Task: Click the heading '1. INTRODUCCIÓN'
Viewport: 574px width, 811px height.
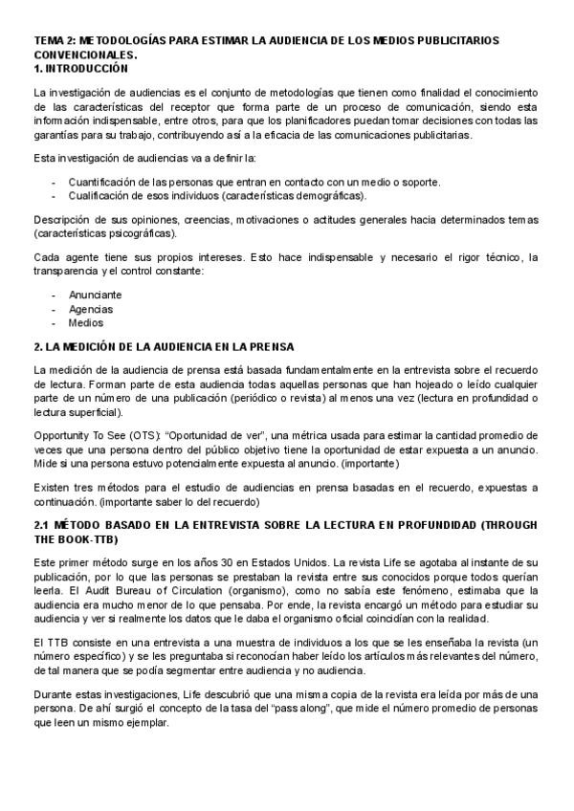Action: click(x=80, y=69)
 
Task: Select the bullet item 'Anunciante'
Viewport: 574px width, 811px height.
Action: click(x=95, y=295)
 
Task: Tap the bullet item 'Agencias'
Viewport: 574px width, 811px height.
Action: click(x=91, y=309)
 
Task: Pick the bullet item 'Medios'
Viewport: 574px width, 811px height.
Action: click(x=86, y=323)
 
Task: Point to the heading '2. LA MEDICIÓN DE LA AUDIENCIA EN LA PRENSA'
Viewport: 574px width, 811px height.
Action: click(x=164, y=345)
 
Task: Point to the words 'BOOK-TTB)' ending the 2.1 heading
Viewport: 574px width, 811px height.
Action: click(x=77, y=538)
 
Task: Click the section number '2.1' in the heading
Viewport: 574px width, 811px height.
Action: click(x=42, y=524)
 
